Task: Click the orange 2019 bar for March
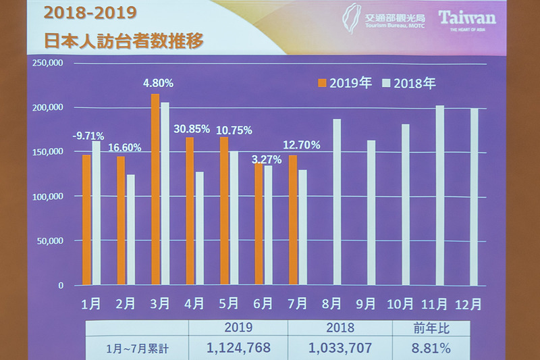pos(155,189)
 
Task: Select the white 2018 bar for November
pos(439,195)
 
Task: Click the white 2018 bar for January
pos(96,213)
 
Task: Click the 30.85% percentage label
pos(192,129)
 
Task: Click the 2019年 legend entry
pos(345,83)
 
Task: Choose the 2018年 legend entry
pos(409,83)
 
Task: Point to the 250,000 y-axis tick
pos(47,63)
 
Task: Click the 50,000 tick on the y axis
pos(50,240)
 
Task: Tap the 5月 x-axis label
pos(229,304)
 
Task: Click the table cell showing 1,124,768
pos(240,349)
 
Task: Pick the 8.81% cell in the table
pos(431,349)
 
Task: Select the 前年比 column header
pos(431,328)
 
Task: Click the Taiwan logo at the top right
pos(466,19)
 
